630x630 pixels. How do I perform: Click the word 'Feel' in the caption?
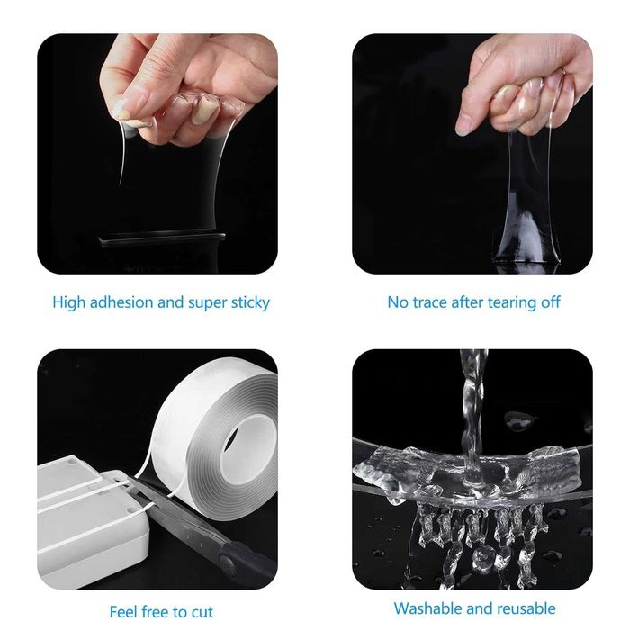tap(123, 612)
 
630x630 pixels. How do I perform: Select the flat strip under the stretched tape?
tap(162, 238)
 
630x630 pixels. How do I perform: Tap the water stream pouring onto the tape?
tap(473, 414)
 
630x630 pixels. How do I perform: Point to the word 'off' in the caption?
tap(551, 302)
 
